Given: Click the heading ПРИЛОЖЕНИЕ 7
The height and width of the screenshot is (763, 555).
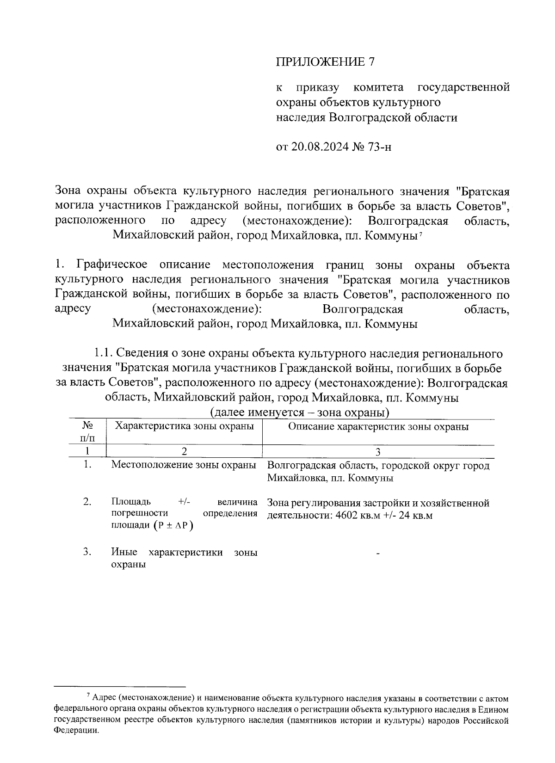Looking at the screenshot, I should click(325, 62).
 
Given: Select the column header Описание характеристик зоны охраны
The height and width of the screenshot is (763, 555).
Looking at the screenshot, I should click(378, 426).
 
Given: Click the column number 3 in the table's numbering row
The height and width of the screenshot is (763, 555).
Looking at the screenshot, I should click(378, 452).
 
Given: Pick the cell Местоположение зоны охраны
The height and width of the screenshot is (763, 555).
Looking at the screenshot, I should click(184, 465).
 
